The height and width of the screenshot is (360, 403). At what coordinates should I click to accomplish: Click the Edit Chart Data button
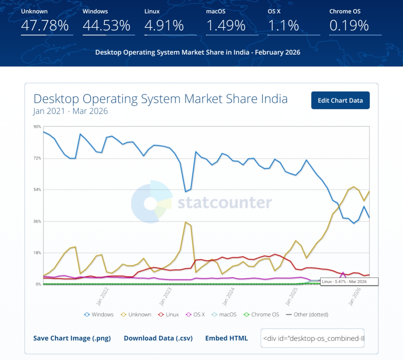340,100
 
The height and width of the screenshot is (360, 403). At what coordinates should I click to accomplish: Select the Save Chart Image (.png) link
72,338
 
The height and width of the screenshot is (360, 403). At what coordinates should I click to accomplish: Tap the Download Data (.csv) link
158,338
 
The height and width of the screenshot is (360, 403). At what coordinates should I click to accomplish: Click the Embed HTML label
226,338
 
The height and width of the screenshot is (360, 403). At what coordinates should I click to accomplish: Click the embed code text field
312,338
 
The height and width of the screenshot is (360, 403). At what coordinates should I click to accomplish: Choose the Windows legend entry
99,314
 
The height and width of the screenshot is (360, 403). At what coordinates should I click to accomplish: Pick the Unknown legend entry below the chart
136,314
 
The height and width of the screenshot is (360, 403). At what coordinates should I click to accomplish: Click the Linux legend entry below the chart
168,314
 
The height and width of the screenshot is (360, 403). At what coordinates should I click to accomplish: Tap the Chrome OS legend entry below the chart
261,314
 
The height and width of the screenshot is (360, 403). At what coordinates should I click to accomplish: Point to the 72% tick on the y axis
37,158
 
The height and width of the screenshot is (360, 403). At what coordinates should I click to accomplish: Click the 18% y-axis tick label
37,253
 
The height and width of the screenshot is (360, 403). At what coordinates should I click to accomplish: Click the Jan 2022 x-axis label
102,296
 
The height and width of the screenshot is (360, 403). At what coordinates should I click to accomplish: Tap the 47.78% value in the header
45,26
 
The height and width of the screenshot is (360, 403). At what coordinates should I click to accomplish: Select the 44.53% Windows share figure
106,26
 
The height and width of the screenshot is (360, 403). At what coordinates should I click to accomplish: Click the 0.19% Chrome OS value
349,26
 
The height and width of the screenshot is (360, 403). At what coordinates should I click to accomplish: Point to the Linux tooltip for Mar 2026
349,281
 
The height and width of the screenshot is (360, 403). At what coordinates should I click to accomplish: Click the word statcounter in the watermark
224,203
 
